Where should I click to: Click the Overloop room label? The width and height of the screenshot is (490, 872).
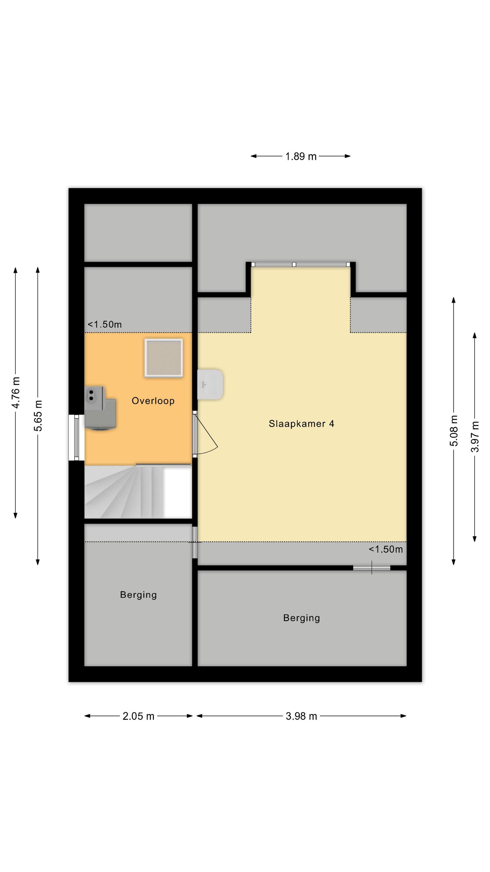(153, 401)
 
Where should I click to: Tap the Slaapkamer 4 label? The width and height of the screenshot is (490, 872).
(301, 424)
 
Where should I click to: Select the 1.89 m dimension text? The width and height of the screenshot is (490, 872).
(301, 156)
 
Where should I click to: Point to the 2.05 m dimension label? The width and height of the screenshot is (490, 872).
(138, 716)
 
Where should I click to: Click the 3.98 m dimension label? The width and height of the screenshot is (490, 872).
(301, 716)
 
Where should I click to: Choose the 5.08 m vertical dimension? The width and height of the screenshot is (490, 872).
(454, 430)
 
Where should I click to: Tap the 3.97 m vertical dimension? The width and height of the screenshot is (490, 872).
(475, 437)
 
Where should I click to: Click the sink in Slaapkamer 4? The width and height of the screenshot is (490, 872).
(210, 384)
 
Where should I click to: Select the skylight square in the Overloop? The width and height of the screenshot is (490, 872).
(164, 358)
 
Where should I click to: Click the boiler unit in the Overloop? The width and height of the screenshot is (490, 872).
(100, 408)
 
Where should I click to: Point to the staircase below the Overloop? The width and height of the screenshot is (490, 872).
(138, 492)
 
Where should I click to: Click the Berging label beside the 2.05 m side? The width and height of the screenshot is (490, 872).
(138, 595)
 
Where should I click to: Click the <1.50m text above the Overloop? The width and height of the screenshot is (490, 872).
(105, 324)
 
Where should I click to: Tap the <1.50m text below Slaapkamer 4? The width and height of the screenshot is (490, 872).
(385, 549)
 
